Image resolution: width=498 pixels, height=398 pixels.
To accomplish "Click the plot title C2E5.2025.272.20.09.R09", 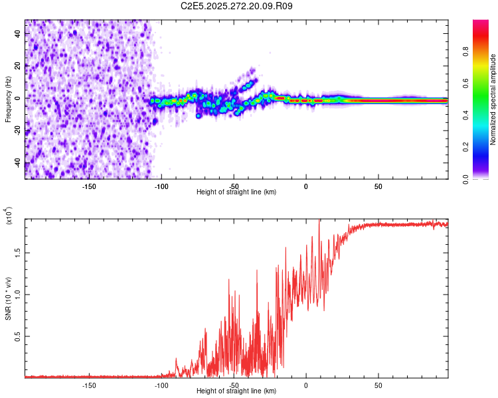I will [236, 6].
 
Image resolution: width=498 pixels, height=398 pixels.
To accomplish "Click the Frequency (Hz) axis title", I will [8, 99].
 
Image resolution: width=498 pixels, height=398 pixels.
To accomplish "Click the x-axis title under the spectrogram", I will [236, 192].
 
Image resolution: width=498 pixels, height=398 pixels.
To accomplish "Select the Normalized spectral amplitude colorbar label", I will [493, 99].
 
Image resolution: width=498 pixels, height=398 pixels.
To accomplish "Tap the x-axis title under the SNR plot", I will [236, 391].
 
